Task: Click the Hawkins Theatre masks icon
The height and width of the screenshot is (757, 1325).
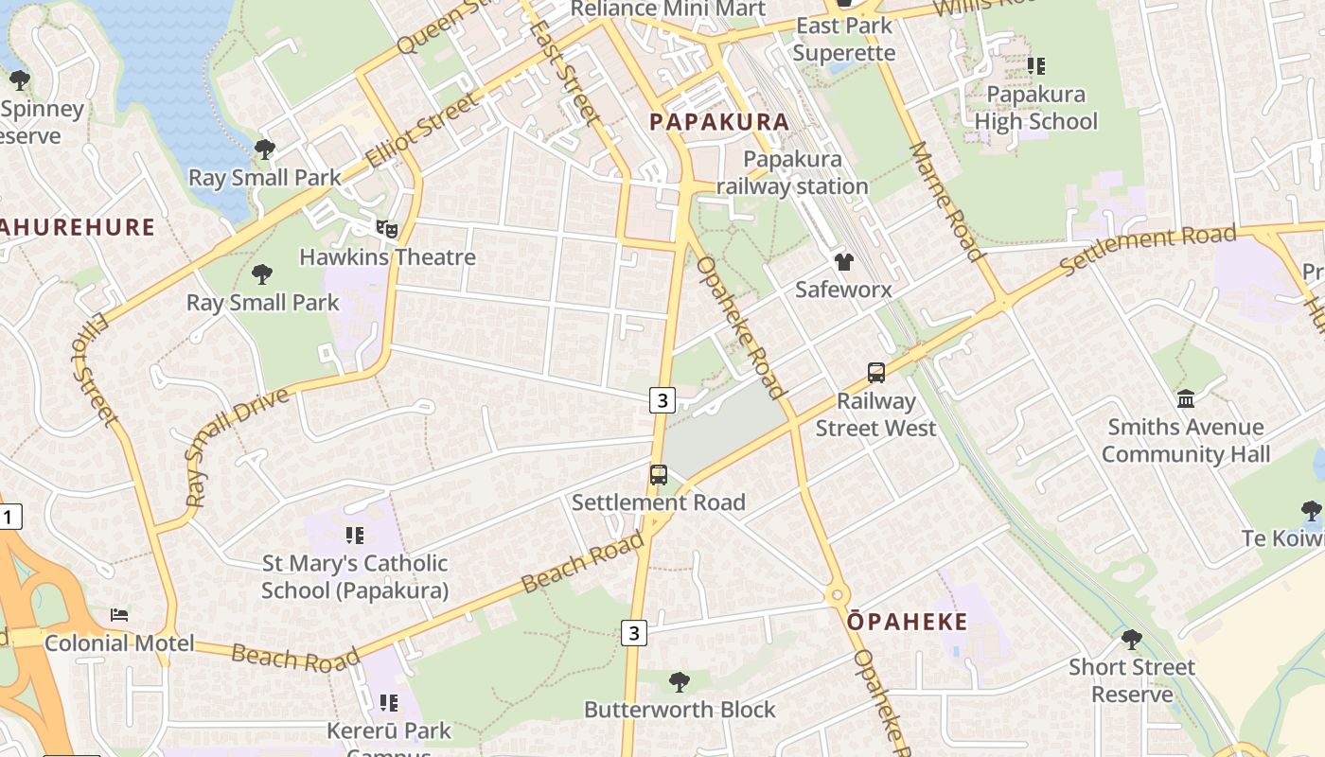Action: pyautogui.click(x=386, y=228)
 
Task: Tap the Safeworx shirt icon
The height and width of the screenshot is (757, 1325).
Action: pyautogui.click(x=843, y=261)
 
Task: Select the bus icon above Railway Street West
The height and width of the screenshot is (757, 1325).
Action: pyautogui.click(x=876, y=373)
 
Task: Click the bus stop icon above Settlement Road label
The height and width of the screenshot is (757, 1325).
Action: pyautogui.click(x=658, y=474)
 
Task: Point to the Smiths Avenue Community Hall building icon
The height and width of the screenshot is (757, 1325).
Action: pyautogui.click(x=1186, y=398)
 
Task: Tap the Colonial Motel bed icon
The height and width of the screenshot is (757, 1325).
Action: pyautogui.click(x=119, y=615)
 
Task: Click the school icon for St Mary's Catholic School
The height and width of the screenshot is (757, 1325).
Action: pyautogui.click(x=355, y=536)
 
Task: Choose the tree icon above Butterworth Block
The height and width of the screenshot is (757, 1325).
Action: pyautogui.click(x=679, y=681)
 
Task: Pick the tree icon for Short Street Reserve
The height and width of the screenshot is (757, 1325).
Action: pyautogui.click(x=1131, y=639)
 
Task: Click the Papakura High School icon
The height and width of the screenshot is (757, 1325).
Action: pyautogui.click(x=1036, y=66)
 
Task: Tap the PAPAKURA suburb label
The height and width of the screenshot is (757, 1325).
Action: pyautogui.click(x=719, y=122)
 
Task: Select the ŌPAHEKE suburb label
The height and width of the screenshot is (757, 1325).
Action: pyautogui.click(x=908, y=622)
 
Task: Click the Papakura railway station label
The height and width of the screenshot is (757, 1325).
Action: pyautogui.click(x=792, y=172)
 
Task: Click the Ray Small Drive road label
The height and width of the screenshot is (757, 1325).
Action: pyautogui.click(x=236, y=446)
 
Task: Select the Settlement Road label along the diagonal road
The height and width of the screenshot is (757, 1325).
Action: pyautogui.click(x=1147, y=250)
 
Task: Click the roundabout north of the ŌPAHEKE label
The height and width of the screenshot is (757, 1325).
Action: pyautogui.click(x=836, y=596)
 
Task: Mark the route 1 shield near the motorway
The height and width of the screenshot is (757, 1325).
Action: pyautogui.click(x=9, y=518)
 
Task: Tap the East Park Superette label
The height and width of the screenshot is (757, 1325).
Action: pyautogui.click(x=843, y=39)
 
